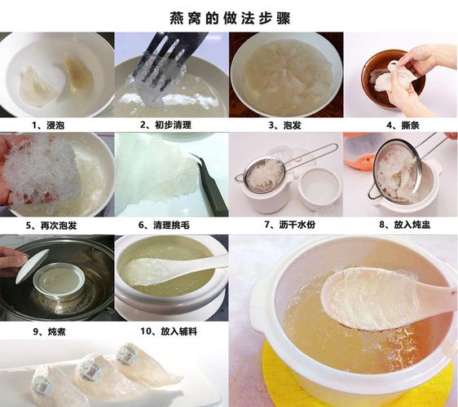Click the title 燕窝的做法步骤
[229, 17]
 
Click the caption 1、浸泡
[48, 125]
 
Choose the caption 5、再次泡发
[54, 224]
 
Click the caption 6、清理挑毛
[168, 224]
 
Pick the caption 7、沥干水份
[286, 224]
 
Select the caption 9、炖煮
[48, 330]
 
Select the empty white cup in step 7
[320, 186]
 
